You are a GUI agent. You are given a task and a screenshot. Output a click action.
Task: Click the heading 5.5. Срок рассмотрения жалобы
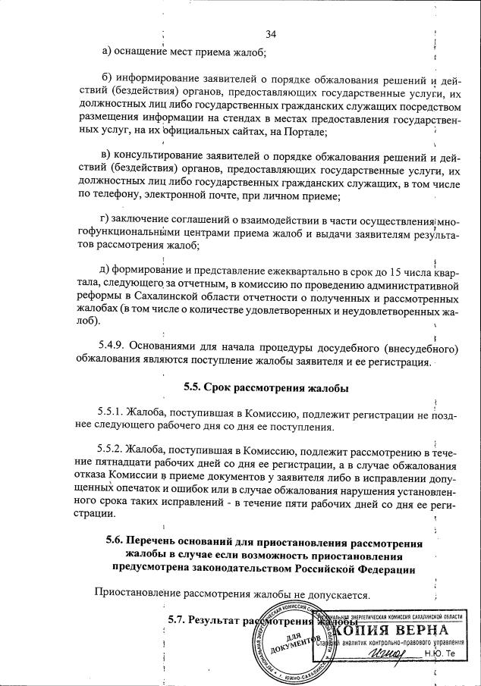pos(266,388)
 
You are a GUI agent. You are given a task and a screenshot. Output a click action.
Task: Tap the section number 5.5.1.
pos(113,414)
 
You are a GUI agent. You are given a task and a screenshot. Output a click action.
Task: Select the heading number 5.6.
pos(116,543)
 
